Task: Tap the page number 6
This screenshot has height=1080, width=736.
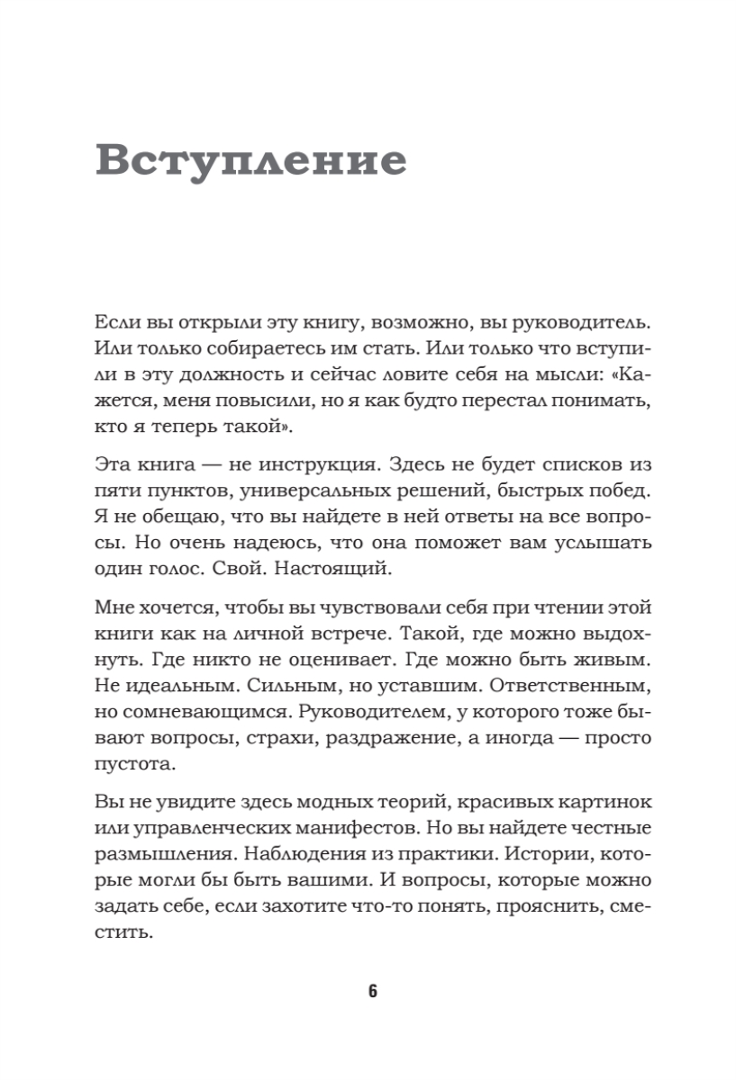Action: click(x=372, y=992)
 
